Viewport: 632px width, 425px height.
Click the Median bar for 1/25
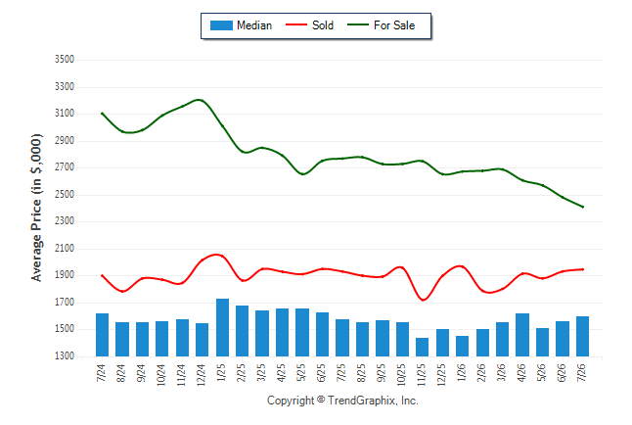point(222,327)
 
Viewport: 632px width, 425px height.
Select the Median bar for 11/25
point(422,347)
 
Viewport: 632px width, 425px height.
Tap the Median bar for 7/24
point(102,335)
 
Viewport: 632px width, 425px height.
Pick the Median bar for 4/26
point(522,335)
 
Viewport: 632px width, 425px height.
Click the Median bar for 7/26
point(582,336)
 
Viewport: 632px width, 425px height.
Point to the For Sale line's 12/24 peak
point(201,100)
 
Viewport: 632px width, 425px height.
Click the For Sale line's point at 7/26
point(582,207)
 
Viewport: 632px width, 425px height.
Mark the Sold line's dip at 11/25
point(423,300)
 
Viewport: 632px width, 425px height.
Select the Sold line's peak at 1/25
point(217,255)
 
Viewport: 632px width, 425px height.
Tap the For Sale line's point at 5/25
point(302,174)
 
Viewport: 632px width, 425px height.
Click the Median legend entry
point(241,25)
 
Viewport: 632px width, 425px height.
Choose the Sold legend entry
point(309,25)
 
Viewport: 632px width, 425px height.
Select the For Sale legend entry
point(381,25)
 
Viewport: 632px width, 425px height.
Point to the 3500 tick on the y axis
point(65,60)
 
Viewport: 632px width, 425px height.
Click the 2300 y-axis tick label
point(65,221)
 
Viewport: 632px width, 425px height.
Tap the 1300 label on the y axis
point(65,356)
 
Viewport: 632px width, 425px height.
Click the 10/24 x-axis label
point(161,375)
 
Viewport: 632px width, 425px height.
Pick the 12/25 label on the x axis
point(442,375)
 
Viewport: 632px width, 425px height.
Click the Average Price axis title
point(36,208)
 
